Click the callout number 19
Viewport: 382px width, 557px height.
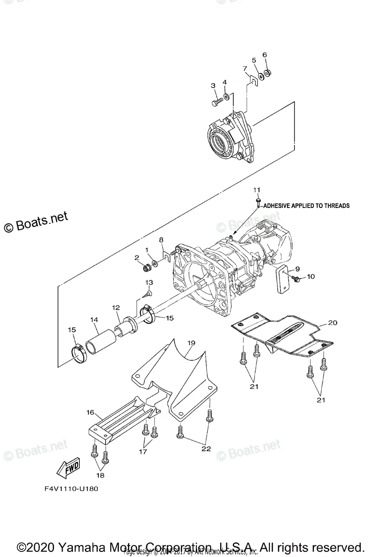click(191, 343)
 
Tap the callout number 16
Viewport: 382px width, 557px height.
click(90, 412)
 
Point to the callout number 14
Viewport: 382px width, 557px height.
click(95, 319)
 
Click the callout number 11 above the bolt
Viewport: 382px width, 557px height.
click(257, 190)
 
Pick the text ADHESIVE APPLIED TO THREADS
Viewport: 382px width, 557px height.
click(306, 206)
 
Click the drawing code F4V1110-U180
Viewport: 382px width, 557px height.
click(71, 488)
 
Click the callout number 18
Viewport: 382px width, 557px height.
click(100, 475)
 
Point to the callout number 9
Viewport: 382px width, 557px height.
click(297, 268)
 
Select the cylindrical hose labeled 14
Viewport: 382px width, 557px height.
click(100, 342)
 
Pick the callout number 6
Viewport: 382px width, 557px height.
click(265, 55)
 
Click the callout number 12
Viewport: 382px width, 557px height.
click(116, 307)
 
